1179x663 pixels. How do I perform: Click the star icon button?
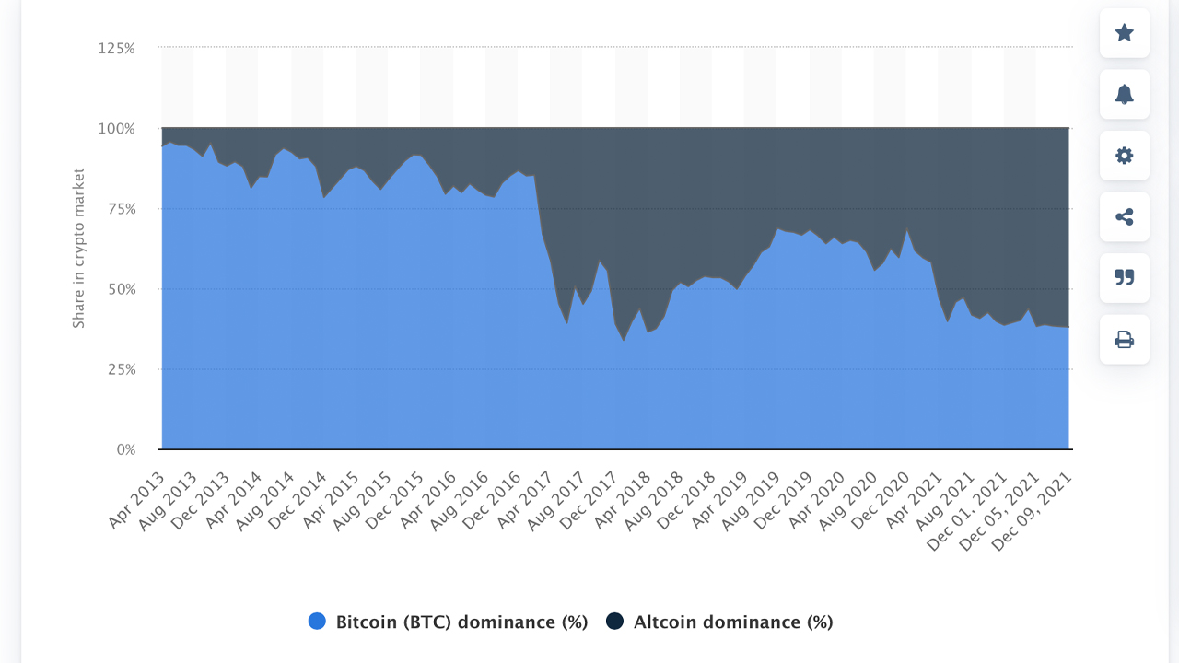click(x=1124, y=33)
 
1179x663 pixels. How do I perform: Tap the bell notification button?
click(x=1124, y=94)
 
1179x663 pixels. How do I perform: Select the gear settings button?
click(x=1124, y=156)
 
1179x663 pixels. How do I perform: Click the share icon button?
click(x=1124, y=217)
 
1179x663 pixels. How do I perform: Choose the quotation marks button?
click(x=1124, y=278)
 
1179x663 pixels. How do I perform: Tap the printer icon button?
click(x=1124, y=340)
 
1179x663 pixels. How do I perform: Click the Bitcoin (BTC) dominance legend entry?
click(x=461, y=622)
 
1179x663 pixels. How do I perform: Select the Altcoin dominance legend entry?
click(x=732, y=622)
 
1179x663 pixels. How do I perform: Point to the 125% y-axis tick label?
click(x=116, y=48)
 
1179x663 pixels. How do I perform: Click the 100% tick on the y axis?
click(x=116, y=128)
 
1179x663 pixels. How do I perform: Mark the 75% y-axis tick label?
click(x=119, y=209)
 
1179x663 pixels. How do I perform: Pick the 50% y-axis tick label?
click(x=119, y=289)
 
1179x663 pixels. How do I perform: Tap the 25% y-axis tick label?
click(x=119, y=369)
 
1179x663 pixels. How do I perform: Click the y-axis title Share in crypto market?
click(x=79, y=248)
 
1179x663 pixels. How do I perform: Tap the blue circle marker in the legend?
click(x=318, y=622)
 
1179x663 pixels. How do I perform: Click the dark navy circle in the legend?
click(x=615, y=622)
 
